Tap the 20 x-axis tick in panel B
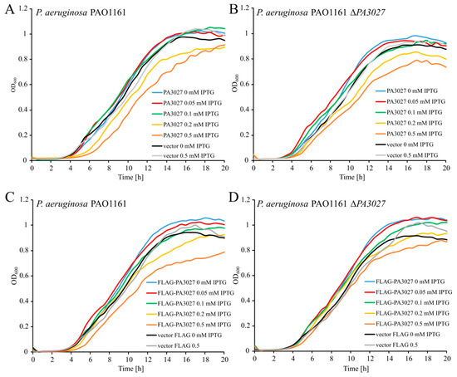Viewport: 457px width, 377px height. click(445, 167)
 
